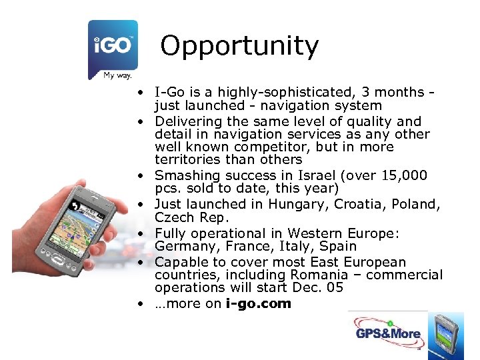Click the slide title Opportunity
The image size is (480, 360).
(239, 46)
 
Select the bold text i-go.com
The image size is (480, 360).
(259, 303)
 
